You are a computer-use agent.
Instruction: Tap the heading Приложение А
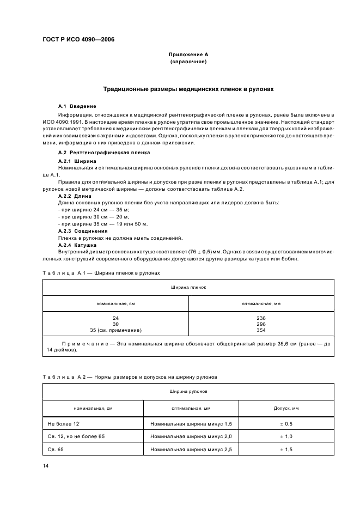pyautogui.click(x=188, y=55)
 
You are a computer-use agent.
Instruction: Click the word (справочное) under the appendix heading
pyautogui.click(x=188, y=62)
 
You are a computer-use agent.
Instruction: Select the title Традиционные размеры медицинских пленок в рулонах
pyautogui.click(x=188, y=89)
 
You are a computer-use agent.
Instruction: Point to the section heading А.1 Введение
pyautogui.click(x=77, y=106)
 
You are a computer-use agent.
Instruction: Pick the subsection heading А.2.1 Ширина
pyautogui.click(x=77, y=162)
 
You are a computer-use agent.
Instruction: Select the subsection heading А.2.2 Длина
pyautogui.click(x=76, y=195)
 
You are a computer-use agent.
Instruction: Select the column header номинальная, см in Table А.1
pyautogui.click(x=115, y=303)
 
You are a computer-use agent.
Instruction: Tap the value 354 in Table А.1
pyautogui.click(x=261, y=330)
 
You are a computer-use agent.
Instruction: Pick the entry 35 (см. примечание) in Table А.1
pyautogui.click(x=115, y=330)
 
